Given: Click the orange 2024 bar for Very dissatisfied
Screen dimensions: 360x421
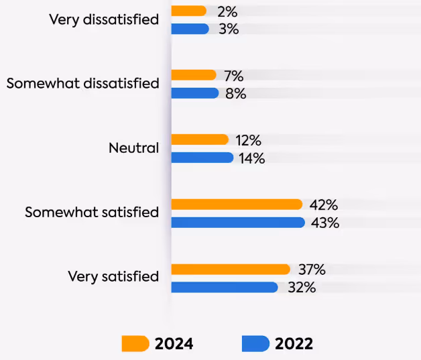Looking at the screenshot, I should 188,11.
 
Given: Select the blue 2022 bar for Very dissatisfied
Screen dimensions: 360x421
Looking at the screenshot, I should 190,29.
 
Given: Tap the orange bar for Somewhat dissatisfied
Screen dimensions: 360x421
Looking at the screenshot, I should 194,75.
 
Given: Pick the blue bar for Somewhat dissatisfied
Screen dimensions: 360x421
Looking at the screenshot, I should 194,93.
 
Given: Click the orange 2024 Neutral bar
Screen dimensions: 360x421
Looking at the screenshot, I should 200,139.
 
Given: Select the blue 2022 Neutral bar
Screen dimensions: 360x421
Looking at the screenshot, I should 202,158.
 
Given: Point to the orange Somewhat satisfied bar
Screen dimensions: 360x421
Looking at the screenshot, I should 237,204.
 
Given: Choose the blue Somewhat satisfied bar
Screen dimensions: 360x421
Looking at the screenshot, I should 238,223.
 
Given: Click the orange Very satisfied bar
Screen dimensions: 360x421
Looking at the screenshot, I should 231,269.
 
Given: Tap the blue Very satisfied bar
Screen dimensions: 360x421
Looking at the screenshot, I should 224,287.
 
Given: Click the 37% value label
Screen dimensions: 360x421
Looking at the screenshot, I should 311,269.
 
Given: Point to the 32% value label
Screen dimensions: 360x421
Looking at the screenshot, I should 301,287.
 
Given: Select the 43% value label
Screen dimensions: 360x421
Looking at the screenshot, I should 325,223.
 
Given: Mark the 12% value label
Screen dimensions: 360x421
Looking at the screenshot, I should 248,140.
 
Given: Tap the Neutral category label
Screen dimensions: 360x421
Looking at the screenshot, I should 133,148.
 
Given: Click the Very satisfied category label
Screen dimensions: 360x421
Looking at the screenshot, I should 113,276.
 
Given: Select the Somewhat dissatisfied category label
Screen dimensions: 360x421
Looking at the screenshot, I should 82,84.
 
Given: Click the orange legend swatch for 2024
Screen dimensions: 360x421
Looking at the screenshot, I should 135,344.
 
